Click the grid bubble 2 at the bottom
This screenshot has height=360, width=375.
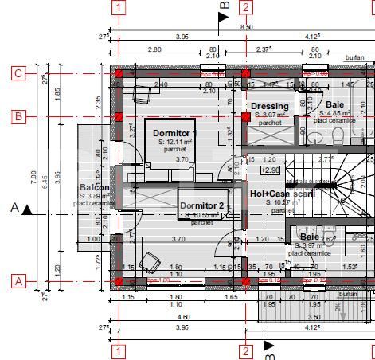[246, 350]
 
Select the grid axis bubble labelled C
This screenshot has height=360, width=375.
[18, 74]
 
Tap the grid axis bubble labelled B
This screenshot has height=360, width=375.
[18, 116]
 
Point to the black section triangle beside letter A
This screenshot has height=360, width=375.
[28, 209]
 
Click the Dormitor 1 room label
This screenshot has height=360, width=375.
[171, 133]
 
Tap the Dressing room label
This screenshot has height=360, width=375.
[269, 106]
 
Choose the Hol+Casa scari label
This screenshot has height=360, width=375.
[283, 194]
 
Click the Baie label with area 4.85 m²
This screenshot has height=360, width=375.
[335, 104]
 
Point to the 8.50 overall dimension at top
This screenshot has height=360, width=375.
[246, 26]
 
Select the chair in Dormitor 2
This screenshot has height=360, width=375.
[149, 260]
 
